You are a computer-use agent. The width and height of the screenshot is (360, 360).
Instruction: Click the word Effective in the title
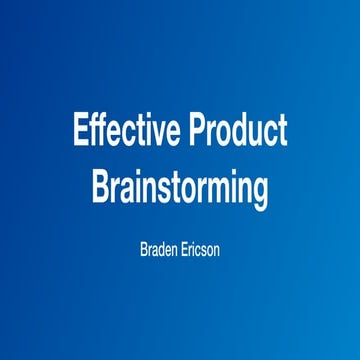125,132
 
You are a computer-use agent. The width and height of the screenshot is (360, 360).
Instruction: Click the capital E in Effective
80,132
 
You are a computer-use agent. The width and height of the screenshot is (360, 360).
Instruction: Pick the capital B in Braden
143,243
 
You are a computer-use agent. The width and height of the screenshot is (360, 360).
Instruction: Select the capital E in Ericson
185,243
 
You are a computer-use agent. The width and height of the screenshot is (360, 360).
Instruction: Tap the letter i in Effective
147,131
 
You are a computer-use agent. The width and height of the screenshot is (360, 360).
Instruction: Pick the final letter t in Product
283,132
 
